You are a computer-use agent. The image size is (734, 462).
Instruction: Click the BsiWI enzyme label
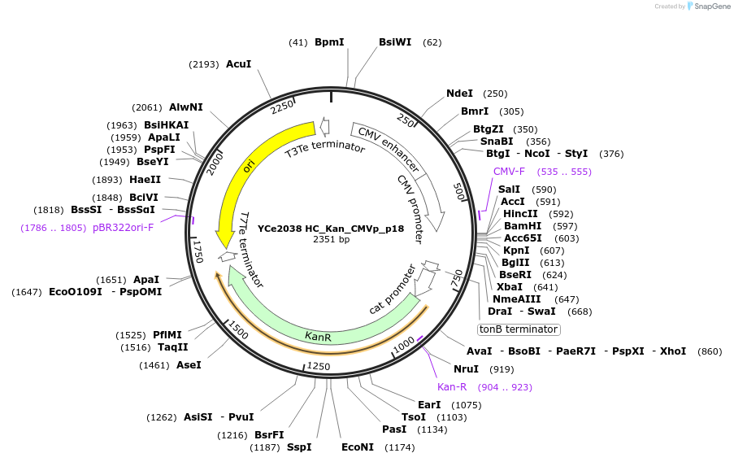pos(395,42)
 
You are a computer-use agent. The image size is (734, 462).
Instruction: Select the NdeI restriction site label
pos(460,94)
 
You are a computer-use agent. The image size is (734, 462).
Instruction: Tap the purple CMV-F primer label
pos(509,172)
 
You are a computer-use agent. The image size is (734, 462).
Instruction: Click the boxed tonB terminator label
pos(519,329)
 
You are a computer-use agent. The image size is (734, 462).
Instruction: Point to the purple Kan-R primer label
pos(452,387)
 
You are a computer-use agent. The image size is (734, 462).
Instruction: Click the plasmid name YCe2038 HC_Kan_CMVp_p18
pos(331,229)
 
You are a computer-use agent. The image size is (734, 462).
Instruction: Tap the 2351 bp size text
pos(331,240)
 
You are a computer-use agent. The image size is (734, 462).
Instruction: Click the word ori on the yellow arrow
pos(250,165)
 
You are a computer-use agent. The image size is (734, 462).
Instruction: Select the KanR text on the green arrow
pos(318,336)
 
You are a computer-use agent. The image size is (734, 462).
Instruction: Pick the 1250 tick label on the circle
pos(318,367)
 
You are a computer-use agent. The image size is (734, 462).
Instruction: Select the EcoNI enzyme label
pos(358,447)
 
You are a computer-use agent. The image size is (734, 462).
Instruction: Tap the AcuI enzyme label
pos(238,63)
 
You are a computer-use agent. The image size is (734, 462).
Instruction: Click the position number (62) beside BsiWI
pos(432,42)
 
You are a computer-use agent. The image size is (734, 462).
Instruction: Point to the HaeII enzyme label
pos(145,180)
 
